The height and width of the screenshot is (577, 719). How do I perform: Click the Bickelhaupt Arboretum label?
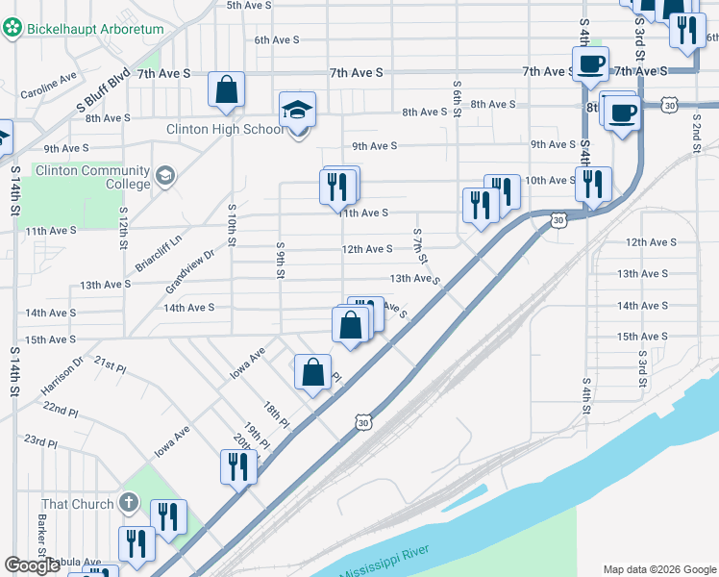[94, 29]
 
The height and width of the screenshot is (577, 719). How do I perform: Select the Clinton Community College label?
[92, 177]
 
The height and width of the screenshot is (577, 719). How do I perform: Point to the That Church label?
[78, 504]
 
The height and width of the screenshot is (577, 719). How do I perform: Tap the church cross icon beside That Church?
[130, 503]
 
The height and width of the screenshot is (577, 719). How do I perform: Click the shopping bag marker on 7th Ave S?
[226, 90]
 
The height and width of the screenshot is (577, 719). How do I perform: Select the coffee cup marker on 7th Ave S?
[590, 64]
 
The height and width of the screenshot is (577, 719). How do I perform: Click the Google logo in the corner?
[32, 565]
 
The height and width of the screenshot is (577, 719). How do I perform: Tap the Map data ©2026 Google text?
[658, 568]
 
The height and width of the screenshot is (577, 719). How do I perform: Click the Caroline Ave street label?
[48, 87]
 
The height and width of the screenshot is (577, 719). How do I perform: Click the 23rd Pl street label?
[41, 441]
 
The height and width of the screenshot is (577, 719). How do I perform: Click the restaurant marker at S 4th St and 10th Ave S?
[593, 182]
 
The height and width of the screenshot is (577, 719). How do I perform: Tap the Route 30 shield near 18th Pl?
[361, 422]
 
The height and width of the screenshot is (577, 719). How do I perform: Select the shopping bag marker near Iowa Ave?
[313, 372]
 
